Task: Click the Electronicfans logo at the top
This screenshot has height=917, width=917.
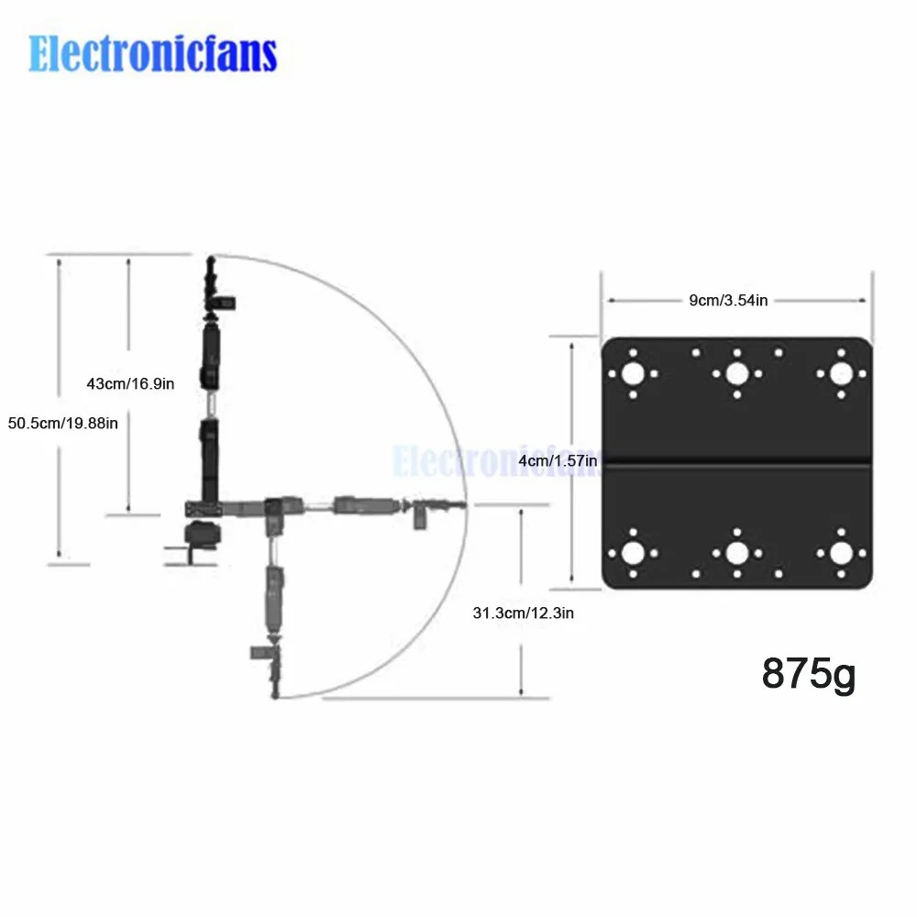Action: (152, 53)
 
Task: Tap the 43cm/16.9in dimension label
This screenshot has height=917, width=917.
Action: (130, 383)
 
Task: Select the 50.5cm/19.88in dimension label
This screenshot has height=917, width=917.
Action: (62, 423)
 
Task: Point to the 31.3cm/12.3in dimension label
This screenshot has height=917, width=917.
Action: (523, 613)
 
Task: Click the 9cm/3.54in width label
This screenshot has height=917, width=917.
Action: (728, 300)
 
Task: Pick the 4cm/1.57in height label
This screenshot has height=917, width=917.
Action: (558, 461)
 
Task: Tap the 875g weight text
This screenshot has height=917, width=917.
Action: (808, 674)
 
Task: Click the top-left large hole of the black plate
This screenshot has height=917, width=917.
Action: (633, 374)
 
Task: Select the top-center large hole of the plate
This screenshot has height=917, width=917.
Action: (737, 374)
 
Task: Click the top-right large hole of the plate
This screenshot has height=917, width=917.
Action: (841, 374)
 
